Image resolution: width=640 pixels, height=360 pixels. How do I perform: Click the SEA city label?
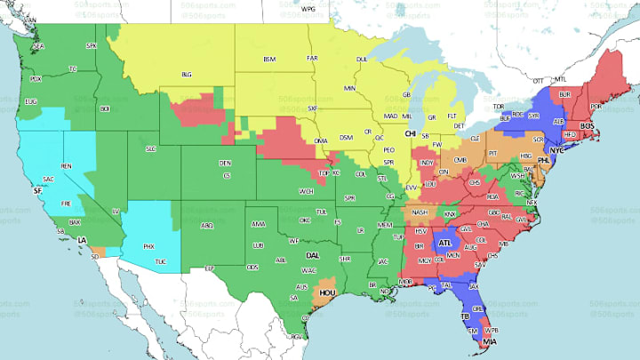[38, 45]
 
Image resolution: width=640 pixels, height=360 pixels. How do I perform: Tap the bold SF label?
[37, 190]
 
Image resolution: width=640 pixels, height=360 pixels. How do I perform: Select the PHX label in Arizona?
[148, 245]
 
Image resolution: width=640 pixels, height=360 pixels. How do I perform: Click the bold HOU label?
[328, 291]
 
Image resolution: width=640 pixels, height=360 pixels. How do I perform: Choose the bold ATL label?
[444, 242]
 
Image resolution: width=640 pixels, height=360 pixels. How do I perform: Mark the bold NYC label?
[557, 150]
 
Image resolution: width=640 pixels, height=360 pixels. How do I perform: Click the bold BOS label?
[586, 127]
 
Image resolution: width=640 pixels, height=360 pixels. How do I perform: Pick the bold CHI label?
[411, 133]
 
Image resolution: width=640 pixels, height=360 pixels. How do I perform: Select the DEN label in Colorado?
[225, 164]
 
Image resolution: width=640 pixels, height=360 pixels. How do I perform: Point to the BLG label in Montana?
[187, 75]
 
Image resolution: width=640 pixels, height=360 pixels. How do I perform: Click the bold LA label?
[82, 241]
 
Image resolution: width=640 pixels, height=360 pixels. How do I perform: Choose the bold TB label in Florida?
[463, 316]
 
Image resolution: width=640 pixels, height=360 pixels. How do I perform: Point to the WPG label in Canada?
[308, 9]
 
